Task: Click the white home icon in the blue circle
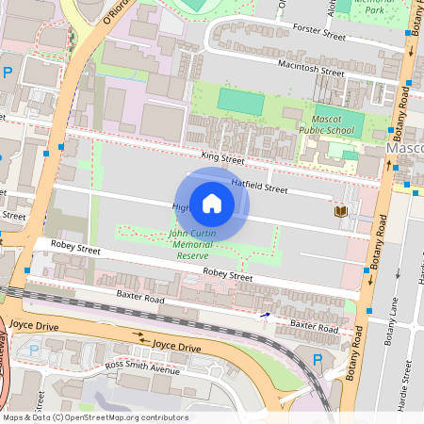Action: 212,203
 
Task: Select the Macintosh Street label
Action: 311,68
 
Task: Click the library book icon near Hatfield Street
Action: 339,212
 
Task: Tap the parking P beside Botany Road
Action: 317,359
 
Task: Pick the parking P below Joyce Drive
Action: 35,351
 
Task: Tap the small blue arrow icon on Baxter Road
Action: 265,317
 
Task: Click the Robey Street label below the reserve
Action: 229,276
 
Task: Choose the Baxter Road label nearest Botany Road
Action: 314,326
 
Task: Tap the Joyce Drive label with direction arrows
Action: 177,348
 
